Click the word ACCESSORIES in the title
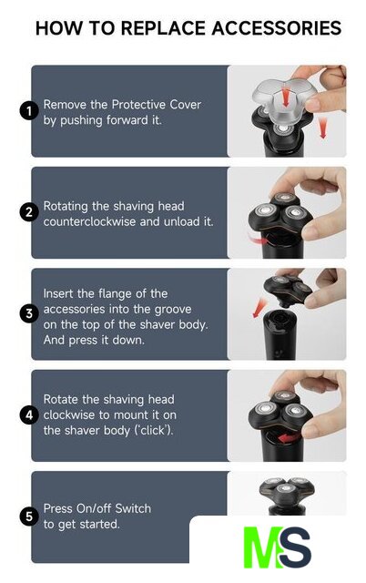(x=276, y=28)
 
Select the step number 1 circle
(x=28, y=111)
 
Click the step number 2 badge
(x=28, y=212)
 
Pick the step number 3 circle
(x=28, y=313)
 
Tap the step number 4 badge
(x=28, y=415)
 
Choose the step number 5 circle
(x=28, y=517)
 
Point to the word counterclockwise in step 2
(x=89, y=221)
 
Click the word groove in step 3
(x=173, y=310)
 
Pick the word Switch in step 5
(x=133, y=508)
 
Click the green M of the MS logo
(x=263, y=547)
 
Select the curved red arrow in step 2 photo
(x=259, y=240)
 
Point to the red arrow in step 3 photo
(x=259, y=307)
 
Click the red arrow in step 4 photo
(x=290, y=437)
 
